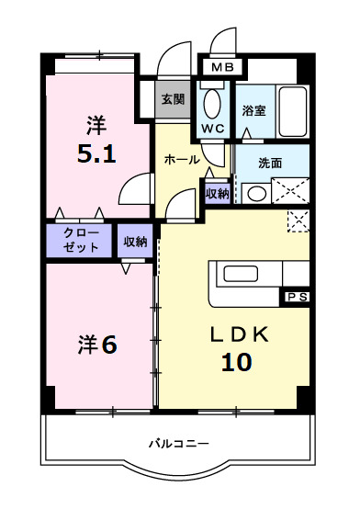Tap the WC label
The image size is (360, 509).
(x=212, y=126)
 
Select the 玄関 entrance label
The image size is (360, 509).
(x=172, y=99)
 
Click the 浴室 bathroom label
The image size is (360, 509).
(x=253, y=111)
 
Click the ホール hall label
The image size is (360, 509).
(x=181, y=160)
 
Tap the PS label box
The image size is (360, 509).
(x=296, y=297)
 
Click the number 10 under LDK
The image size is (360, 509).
(x=236, y=362)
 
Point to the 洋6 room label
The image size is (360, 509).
(x=96, y=345)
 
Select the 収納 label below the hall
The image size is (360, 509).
(x=217, y=193)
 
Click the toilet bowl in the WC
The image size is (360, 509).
(x=212, y=102)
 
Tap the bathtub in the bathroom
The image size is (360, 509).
(x=293, y=112)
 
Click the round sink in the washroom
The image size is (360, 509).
(x=256, y=193)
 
